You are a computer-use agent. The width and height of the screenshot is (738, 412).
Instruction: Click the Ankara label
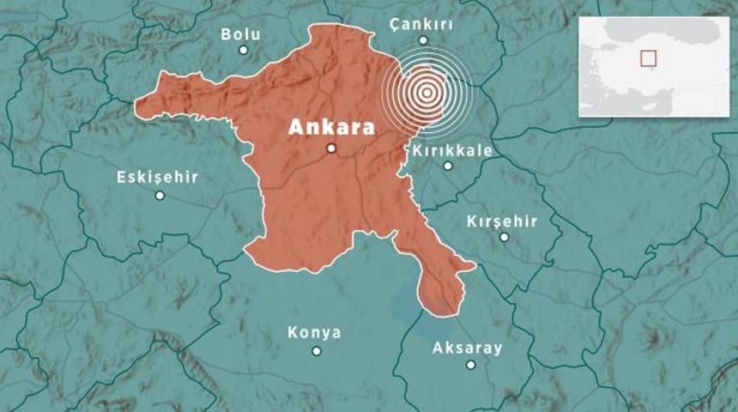[x=331, y=127]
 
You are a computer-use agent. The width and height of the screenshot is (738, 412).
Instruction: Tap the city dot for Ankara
[x=331, y=148]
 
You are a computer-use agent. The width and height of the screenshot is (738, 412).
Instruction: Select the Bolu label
[x=240, y=34]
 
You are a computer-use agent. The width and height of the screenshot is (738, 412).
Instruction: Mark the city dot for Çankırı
[x=423, y=39]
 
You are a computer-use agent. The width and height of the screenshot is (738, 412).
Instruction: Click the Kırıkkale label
[x=452, y=150]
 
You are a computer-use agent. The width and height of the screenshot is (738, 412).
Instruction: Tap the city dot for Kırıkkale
[x=448, y=166]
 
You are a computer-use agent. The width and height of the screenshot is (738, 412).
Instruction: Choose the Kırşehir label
[x=502, y=221]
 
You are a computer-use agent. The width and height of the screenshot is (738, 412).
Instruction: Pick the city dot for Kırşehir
[x=505, y=237]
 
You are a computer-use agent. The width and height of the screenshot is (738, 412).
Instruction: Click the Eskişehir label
[x=157, y=178]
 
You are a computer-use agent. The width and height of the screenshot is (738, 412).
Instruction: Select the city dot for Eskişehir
[x=160, y=195]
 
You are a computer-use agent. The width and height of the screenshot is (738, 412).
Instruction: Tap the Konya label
[x=314, y=332]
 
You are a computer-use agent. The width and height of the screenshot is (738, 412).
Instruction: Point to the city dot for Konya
[x=317, y=350]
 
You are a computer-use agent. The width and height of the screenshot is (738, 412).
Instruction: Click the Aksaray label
[x=468, y=348]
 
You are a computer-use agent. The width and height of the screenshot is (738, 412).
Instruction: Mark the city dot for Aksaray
[x=470, y=364]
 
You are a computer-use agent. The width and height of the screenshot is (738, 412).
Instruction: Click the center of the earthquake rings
[x=426, y=91]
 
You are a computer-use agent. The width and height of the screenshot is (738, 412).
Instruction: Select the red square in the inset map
[x=648, y=58]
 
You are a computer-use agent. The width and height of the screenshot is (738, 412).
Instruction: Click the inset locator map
[x=653, y=66]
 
